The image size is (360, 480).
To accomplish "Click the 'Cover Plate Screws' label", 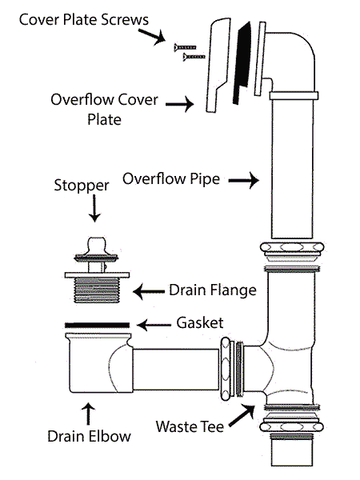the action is click(x=83, y=19).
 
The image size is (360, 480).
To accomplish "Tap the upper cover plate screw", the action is click(x=185, y=47).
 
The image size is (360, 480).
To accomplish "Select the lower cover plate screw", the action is click(x=194, y=57).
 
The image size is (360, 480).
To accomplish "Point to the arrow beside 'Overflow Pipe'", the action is click(x=244, y=180).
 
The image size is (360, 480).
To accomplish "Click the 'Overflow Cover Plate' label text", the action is click(x=104, y=110).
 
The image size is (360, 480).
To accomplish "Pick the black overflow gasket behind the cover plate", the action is click(x=242, y=63).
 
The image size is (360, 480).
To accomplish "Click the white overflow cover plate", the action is click(x=218, y=65).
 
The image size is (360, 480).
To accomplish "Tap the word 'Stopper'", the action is click(x=82, y=186).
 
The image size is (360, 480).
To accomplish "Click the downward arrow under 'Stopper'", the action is click(x=94, y=209).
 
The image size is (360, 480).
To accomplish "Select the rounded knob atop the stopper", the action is click(x=97, y=245).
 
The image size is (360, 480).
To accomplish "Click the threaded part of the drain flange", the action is click(x=96, y=290).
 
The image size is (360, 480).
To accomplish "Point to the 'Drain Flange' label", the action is click(x=213, y=290).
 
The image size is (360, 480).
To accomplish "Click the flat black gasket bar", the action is click(x=97, y=325).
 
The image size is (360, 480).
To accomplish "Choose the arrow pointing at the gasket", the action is click(x=154, y=325).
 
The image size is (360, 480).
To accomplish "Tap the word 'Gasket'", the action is click(x=200, y=322).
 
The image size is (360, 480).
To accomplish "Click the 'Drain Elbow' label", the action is click(x=89, y=436).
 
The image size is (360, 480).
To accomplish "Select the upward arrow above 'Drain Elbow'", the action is click(x=89, y=414).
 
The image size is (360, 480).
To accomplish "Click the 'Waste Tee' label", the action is click(x=190, y=426).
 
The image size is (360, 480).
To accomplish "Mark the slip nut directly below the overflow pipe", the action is click(x=292, y=251).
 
